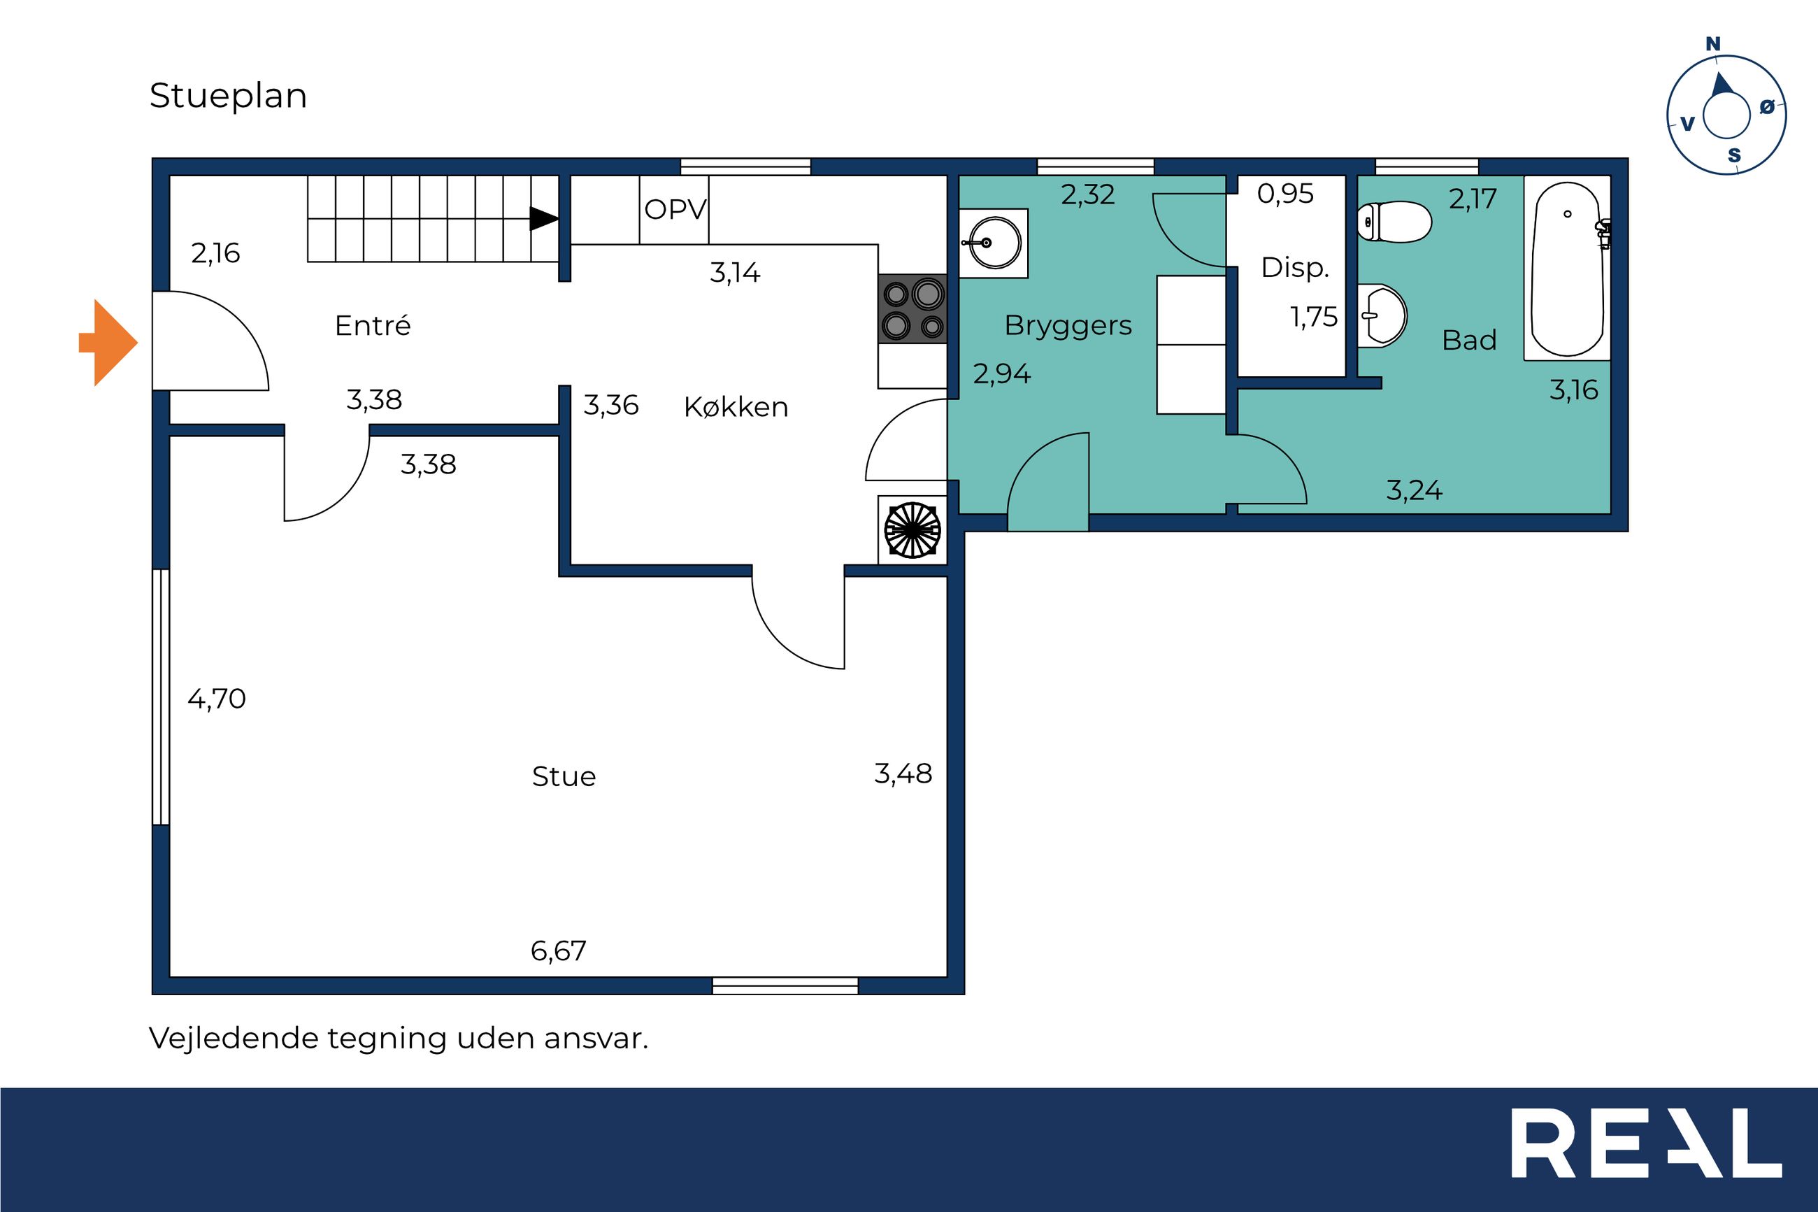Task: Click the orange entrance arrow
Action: pyautogui.click(x=108, y=342)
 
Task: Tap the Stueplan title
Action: pyautogui.click(x=228, y=96)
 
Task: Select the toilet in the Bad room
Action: pyautogui.click(x=1394, y=222)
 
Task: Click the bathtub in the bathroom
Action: pyautogui.click(x=1568, y=269)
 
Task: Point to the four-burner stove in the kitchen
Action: pyautogui.click(x=912, y=309)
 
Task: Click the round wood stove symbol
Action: pyautogui.click(x=912, y=529)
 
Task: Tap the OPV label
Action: pyautogui.click(x=675, y=210)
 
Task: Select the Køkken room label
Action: pyautogui.click(x=736, y=406)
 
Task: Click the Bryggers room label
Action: pyautogui.click(x=1068, y=326)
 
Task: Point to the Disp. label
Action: pyautogui.click(x=1294, y=267)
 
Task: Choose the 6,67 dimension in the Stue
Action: pyautogui.click(x=558, y=950)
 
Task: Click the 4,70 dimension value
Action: pyautogui.click(x=216, y=699)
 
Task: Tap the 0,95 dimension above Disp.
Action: pyautogui.click(x=1285, y=193)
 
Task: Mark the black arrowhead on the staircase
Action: pyautogui.click(x=544, y=219)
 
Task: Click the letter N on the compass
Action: pyautogui.click(x=1713, y=44)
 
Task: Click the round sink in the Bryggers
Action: pyautogui.click(x=994, y=243)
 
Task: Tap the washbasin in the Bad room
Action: pyautogui.click(x=1382, y=315)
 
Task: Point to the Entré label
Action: pyautogui.click(x=373, y=325)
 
